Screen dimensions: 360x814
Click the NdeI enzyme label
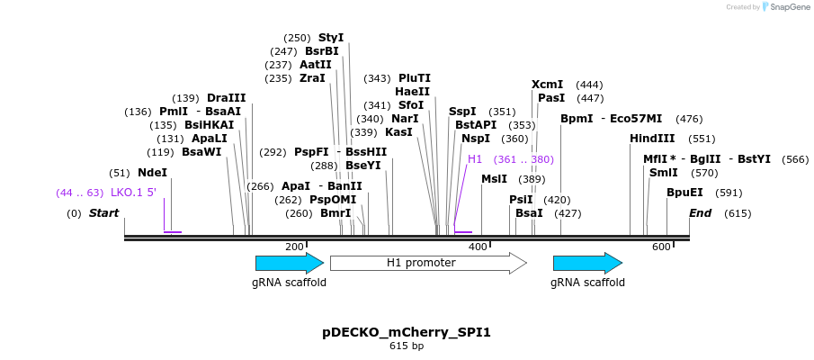(152, 173)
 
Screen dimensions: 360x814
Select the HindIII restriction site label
(652, 139)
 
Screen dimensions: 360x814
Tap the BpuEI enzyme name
(684, 193)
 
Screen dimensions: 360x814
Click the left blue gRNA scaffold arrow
(289, 263)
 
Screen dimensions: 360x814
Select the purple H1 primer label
(475, 159)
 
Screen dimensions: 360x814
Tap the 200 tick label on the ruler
(294, 247)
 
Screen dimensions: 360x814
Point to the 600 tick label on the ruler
(661, 247)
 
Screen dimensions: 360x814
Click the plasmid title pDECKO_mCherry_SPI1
(407, 332)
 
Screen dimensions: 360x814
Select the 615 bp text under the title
(407, 346)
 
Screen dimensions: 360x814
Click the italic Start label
(103, 213)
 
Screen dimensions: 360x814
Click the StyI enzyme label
(331, 38)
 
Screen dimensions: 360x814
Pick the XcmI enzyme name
(547, 84)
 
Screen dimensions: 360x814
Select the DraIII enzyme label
(226, 98)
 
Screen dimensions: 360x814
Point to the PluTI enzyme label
(414, 78)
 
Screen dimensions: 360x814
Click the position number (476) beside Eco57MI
(689, 119)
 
